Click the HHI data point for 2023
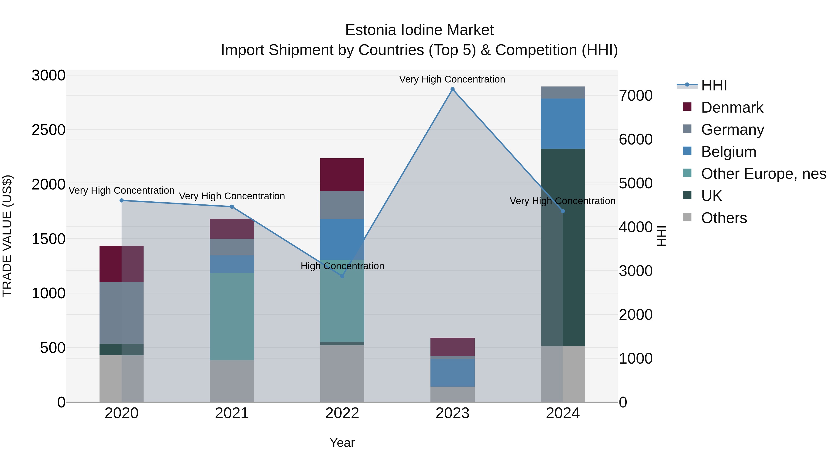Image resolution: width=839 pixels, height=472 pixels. pos(452,89)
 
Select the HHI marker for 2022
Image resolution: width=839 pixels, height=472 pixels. pos(342,276)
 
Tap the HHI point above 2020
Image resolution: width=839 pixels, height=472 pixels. pos(121,200)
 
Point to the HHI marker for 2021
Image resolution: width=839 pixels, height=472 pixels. pos(232,207)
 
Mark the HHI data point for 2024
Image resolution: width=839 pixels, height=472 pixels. pos(563,211)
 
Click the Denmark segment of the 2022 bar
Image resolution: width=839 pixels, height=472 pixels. pos(342,175)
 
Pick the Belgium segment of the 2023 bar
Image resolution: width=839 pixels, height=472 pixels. pos(452,373)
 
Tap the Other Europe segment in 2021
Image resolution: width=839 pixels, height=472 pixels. pos(232,317)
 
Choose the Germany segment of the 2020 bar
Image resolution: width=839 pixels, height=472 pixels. pos(121,313)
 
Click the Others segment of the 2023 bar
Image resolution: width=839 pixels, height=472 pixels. pos(452,394)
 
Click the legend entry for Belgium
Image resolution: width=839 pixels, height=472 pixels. pos(728,152)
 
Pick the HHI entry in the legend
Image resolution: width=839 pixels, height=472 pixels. pos(714,85)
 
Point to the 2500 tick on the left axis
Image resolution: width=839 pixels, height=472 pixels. pos(48,130)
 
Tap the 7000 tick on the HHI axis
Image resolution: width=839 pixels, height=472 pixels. pos(636,96)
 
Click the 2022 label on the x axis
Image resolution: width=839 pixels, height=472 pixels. pos(342,413)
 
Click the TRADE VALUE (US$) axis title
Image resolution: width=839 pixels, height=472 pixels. pos(7,236)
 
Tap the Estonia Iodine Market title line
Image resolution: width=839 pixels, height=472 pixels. pos(419,30)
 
